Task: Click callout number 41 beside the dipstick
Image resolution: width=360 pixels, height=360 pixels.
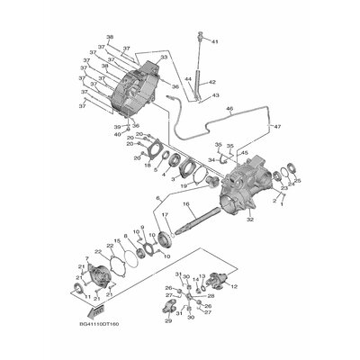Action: pyautogui.click(x=214, y=42)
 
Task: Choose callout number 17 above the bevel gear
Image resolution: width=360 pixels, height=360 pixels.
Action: pyautogui.click(x=165, y=215)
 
